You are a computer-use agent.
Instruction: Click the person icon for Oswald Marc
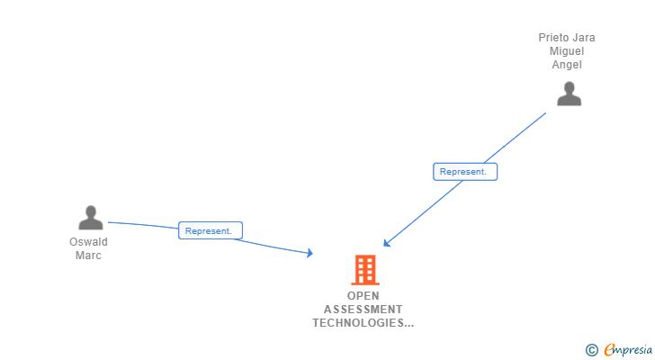(90, 218)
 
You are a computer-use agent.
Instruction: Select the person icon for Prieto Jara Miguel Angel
(569, 94)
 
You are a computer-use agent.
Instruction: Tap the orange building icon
(364, 269)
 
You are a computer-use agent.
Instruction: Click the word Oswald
(88, 242)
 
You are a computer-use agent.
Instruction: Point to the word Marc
(88, 256)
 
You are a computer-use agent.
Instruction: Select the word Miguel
(567, 51)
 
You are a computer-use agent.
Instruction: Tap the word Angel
(567, 65)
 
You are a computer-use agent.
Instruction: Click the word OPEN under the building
(363, 296)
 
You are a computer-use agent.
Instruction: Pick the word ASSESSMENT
(363, 310)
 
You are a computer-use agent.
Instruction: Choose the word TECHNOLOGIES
(358, 323)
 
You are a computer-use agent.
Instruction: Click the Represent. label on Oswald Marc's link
(209, 231)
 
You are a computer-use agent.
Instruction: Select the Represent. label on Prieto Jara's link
(463, 172)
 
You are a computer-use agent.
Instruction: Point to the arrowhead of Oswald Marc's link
(310, 255)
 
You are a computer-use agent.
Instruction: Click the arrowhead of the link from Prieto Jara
(385, 243)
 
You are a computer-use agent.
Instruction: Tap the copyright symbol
(591, 350)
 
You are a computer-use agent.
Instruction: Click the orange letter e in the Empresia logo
(610, 350)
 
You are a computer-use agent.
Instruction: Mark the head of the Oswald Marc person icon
(90, 211)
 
